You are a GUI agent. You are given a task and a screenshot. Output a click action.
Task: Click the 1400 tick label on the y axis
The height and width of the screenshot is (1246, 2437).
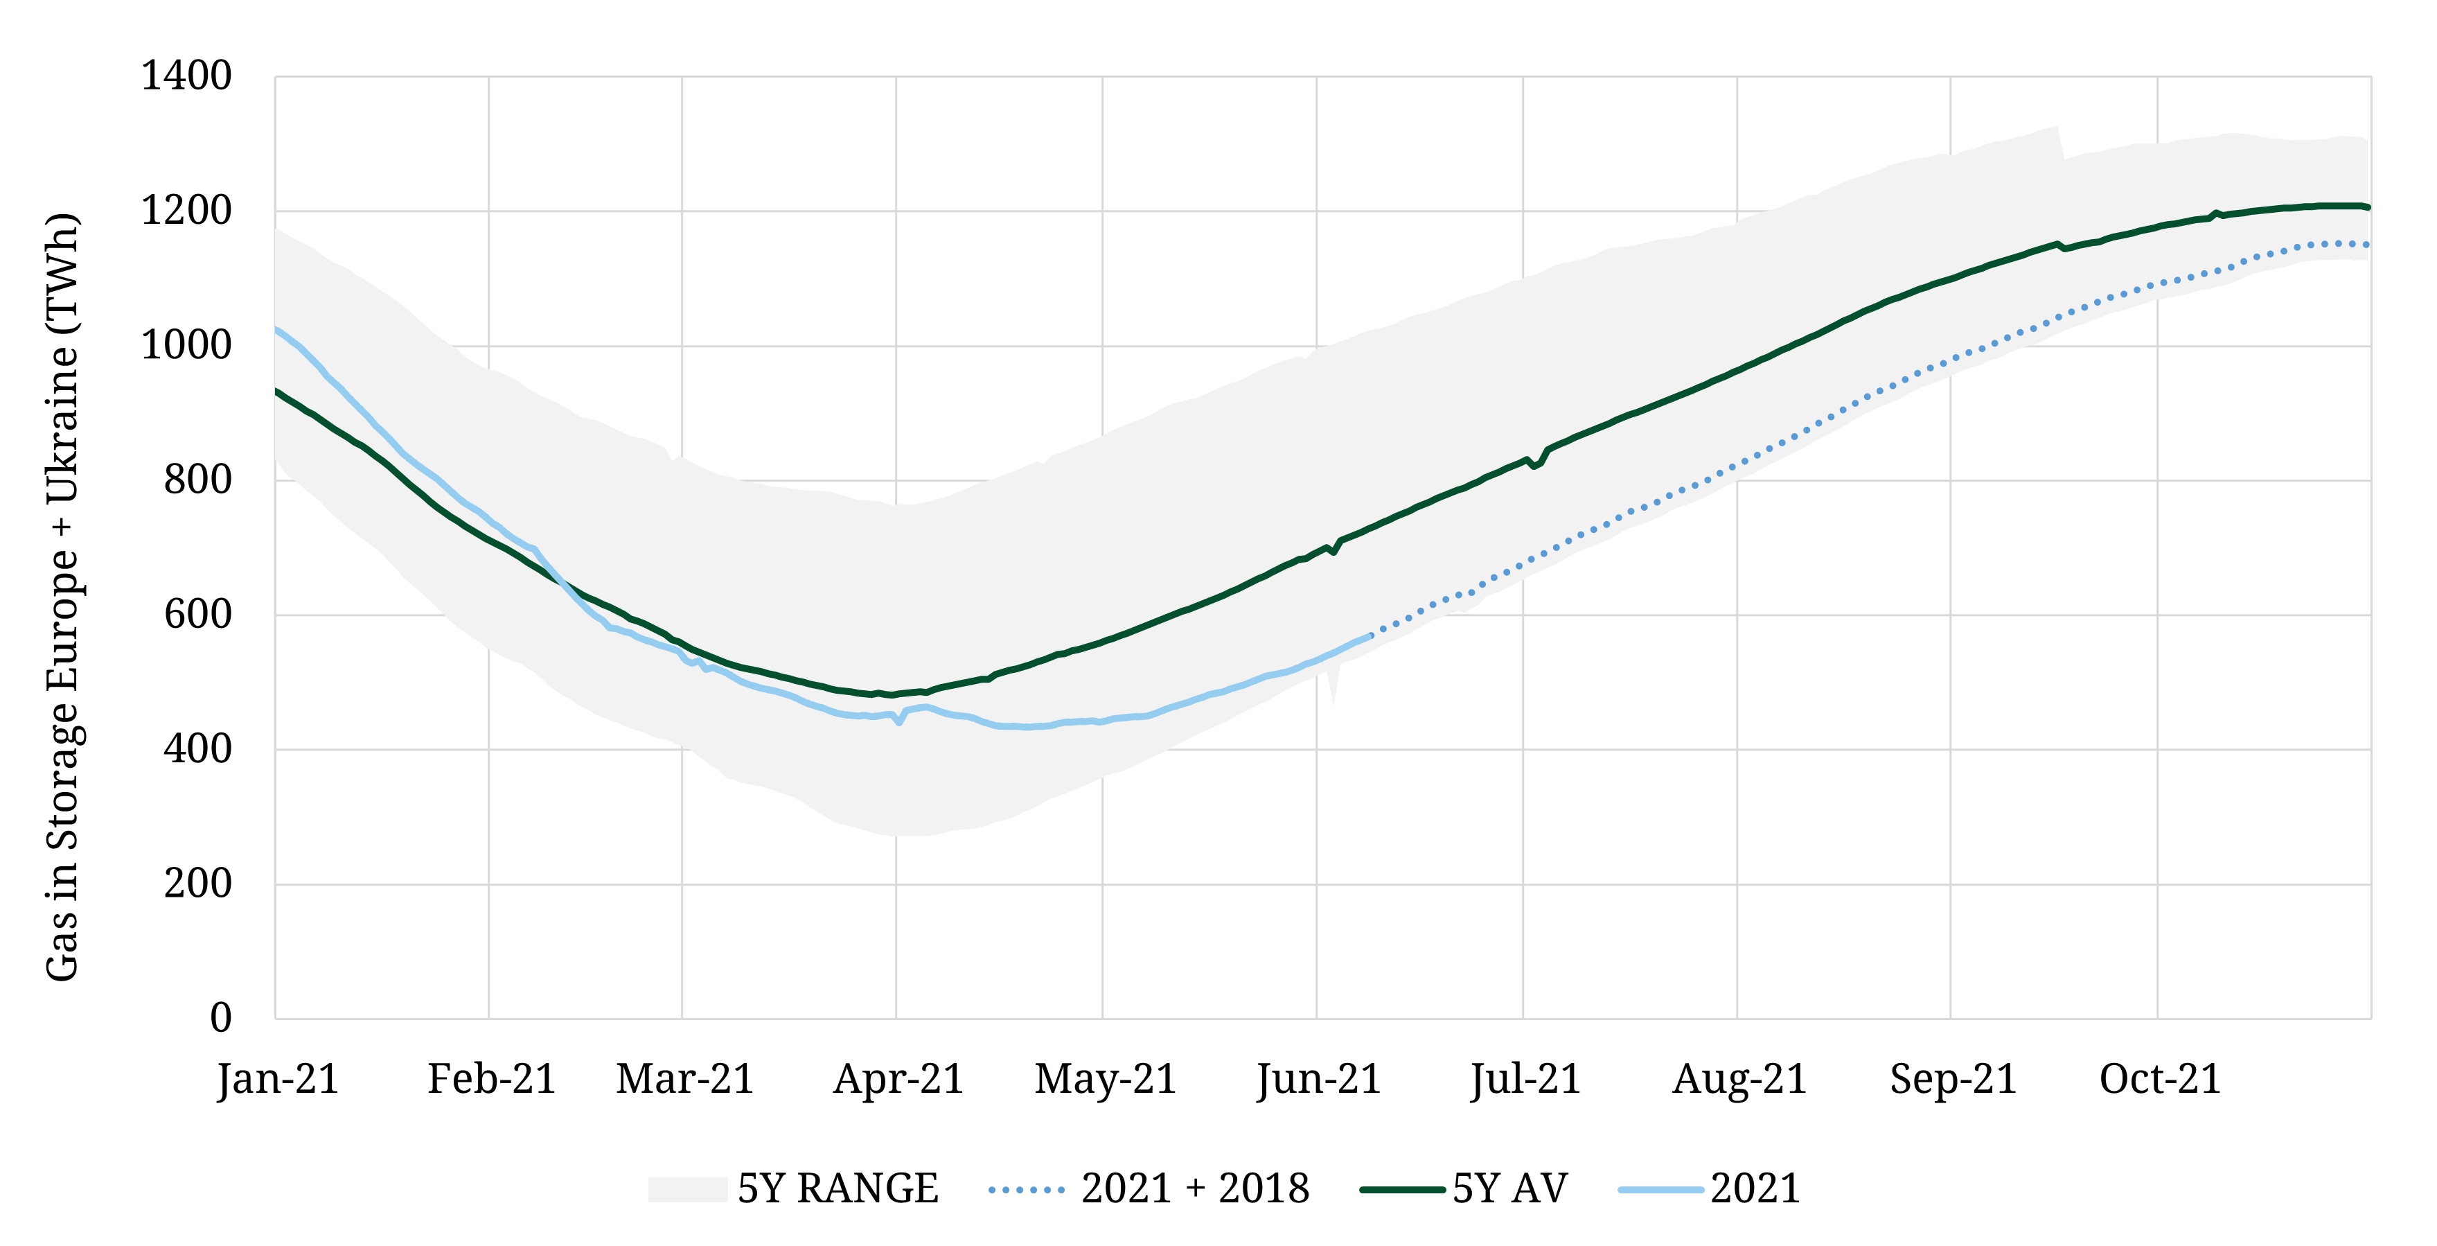(x=186, y=76)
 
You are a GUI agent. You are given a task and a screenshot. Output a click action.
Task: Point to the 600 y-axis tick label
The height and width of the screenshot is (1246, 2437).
(x=197, y=614)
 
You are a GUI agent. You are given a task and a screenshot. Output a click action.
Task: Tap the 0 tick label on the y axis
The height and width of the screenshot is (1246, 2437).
(x=220, y=1018)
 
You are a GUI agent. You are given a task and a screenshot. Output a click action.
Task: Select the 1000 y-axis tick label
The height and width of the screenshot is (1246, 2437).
(x=186, y=345)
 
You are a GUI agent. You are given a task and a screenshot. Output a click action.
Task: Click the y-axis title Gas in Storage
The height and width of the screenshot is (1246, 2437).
(x=62, y=596)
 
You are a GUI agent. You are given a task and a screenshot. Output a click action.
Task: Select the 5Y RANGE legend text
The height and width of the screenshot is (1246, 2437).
(x=838, y=1188)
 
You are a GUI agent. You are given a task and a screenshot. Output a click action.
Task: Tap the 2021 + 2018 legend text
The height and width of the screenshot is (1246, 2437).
(x=1195, y=1188)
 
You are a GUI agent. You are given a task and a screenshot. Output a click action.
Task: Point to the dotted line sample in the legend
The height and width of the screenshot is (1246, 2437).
(x=1027, y=1190)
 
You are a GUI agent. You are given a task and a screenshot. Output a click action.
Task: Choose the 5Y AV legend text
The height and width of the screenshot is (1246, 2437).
(x=1510, y=1188)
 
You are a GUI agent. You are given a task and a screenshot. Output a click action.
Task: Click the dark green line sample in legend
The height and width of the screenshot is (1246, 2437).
(x=1402, y=1190)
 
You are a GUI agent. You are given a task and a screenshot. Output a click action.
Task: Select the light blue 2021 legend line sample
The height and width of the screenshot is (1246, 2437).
(x=1660, y=1190)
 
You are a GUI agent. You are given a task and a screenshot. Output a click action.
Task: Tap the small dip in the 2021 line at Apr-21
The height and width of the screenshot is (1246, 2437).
(x=898, y=723)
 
